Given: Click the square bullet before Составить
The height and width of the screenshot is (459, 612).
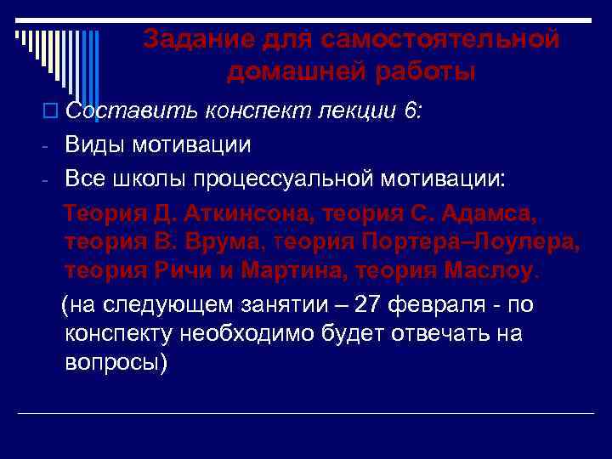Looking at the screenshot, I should [56, 110].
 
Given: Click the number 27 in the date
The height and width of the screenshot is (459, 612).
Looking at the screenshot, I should [367, 303].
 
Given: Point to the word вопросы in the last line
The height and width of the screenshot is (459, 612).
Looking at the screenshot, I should [116, 363].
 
